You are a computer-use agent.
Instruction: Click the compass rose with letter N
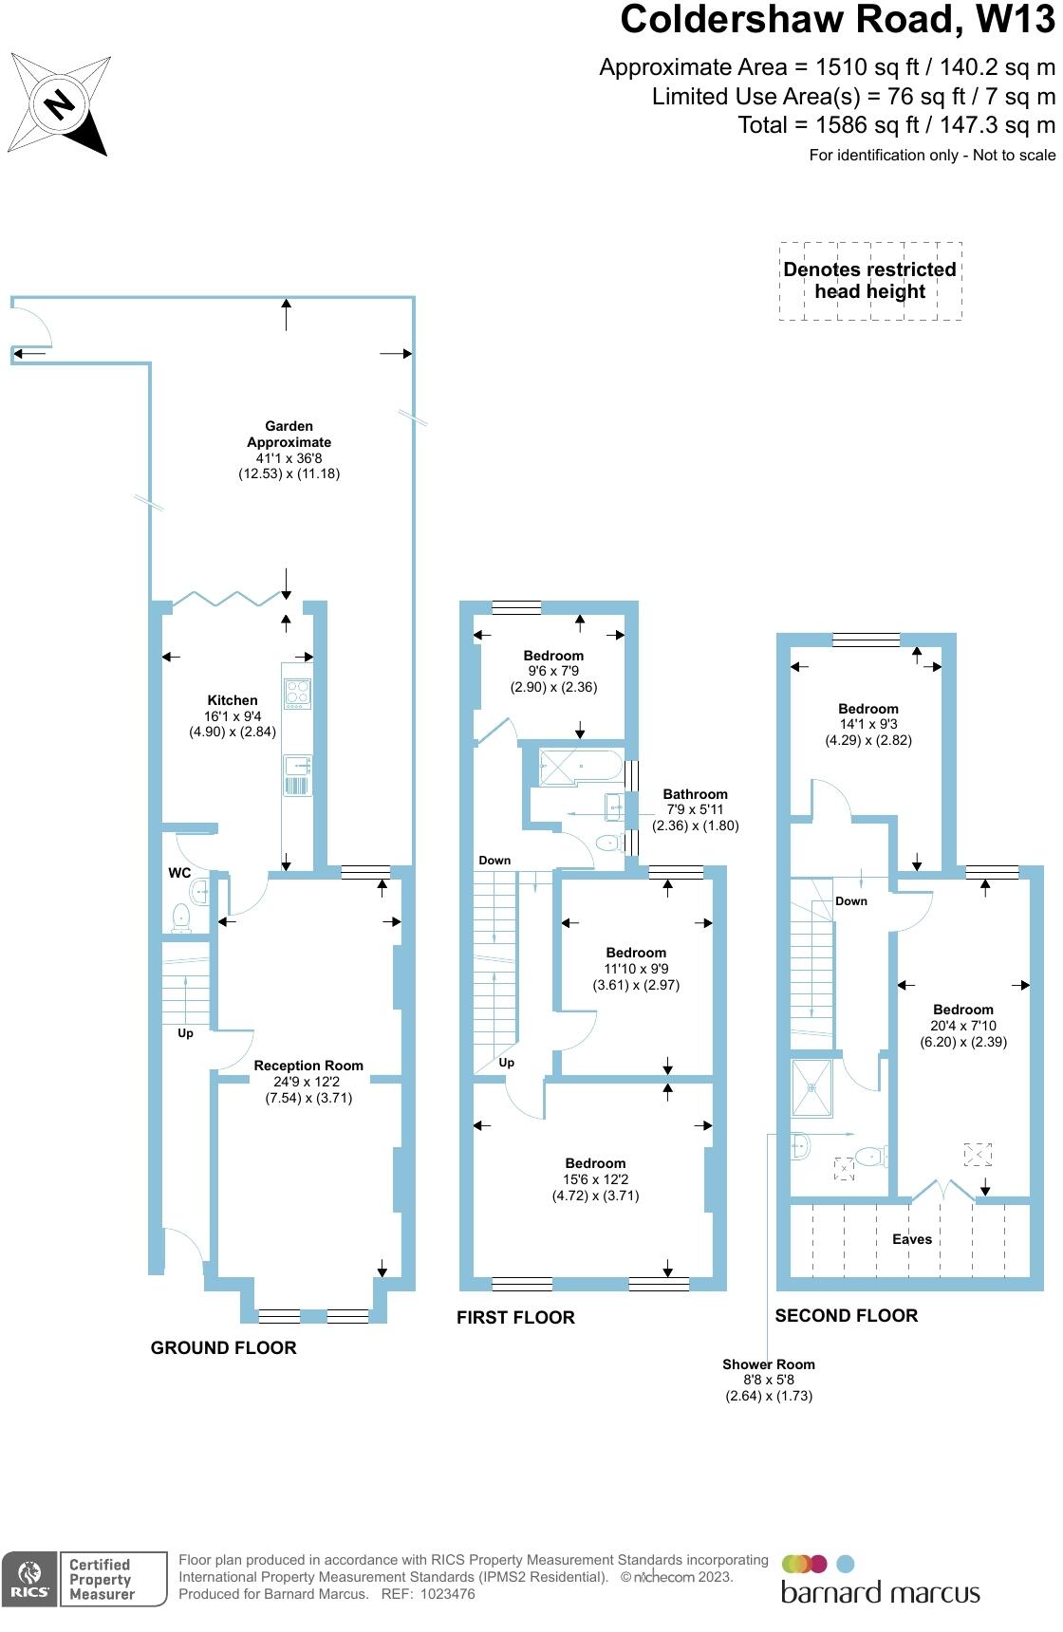coord(59,103)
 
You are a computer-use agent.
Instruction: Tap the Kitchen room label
coord(233,700)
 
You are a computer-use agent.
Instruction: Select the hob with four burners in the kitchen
coord(297,694)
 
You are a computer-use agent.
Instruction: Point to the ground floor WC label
coord(179,873)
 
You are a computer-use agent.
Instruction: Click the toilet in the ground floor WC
coord(180,917)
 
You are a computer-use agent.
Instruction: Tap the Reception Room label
coord(308,1066)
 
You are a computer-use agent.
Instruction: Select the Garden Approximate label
coord(289,435)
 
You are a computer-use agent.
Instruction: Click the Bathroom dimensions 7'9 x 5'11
coord(695,809)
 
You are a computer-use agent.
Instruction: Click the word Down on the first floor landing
coord(494,861)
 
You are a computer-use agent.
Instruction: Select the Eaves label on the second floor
coord(911,1239)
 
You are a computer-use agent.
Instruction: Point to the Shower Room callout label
coord(769,1364)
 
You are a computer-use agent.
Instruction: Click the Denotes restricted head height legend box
coord(869,281)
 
